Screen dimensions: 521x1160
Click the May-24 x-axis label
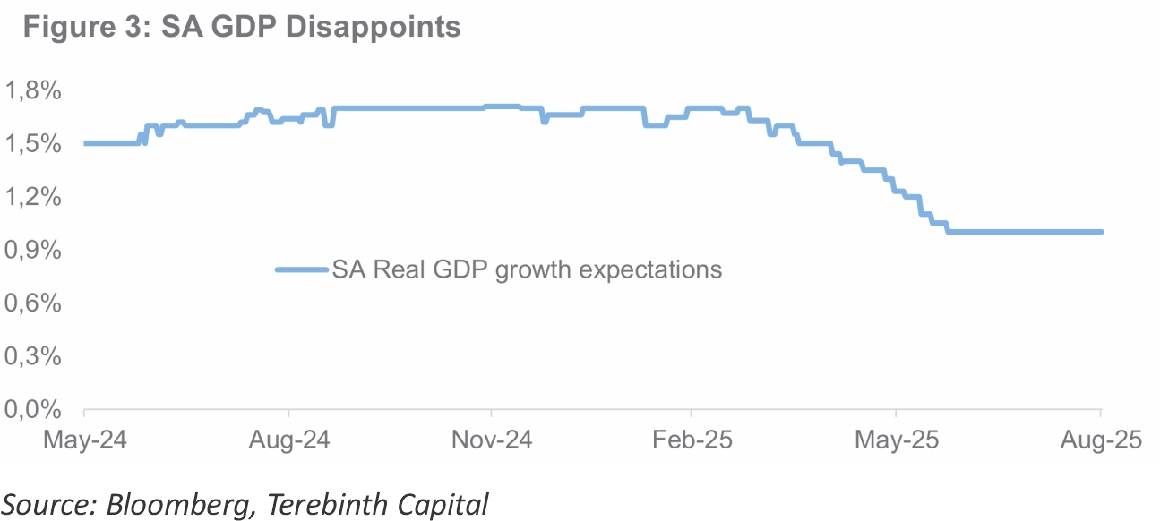coord(84,440)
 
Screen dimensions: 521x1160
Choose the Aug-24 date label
coord(288,440)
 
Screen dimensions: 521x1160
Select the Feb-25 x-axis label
coord(692,440)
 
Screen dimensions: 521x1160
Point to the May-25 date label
coord(896,440)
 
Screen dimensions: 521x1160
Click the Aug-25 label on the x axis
coord(1101,440)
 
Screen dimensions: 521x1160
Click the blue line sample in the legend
coord(301,269)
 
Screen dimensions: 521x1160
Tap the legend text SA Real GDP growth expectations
coord(527,269)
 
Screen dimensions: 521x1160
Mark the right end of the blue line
coord(1101,232)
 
